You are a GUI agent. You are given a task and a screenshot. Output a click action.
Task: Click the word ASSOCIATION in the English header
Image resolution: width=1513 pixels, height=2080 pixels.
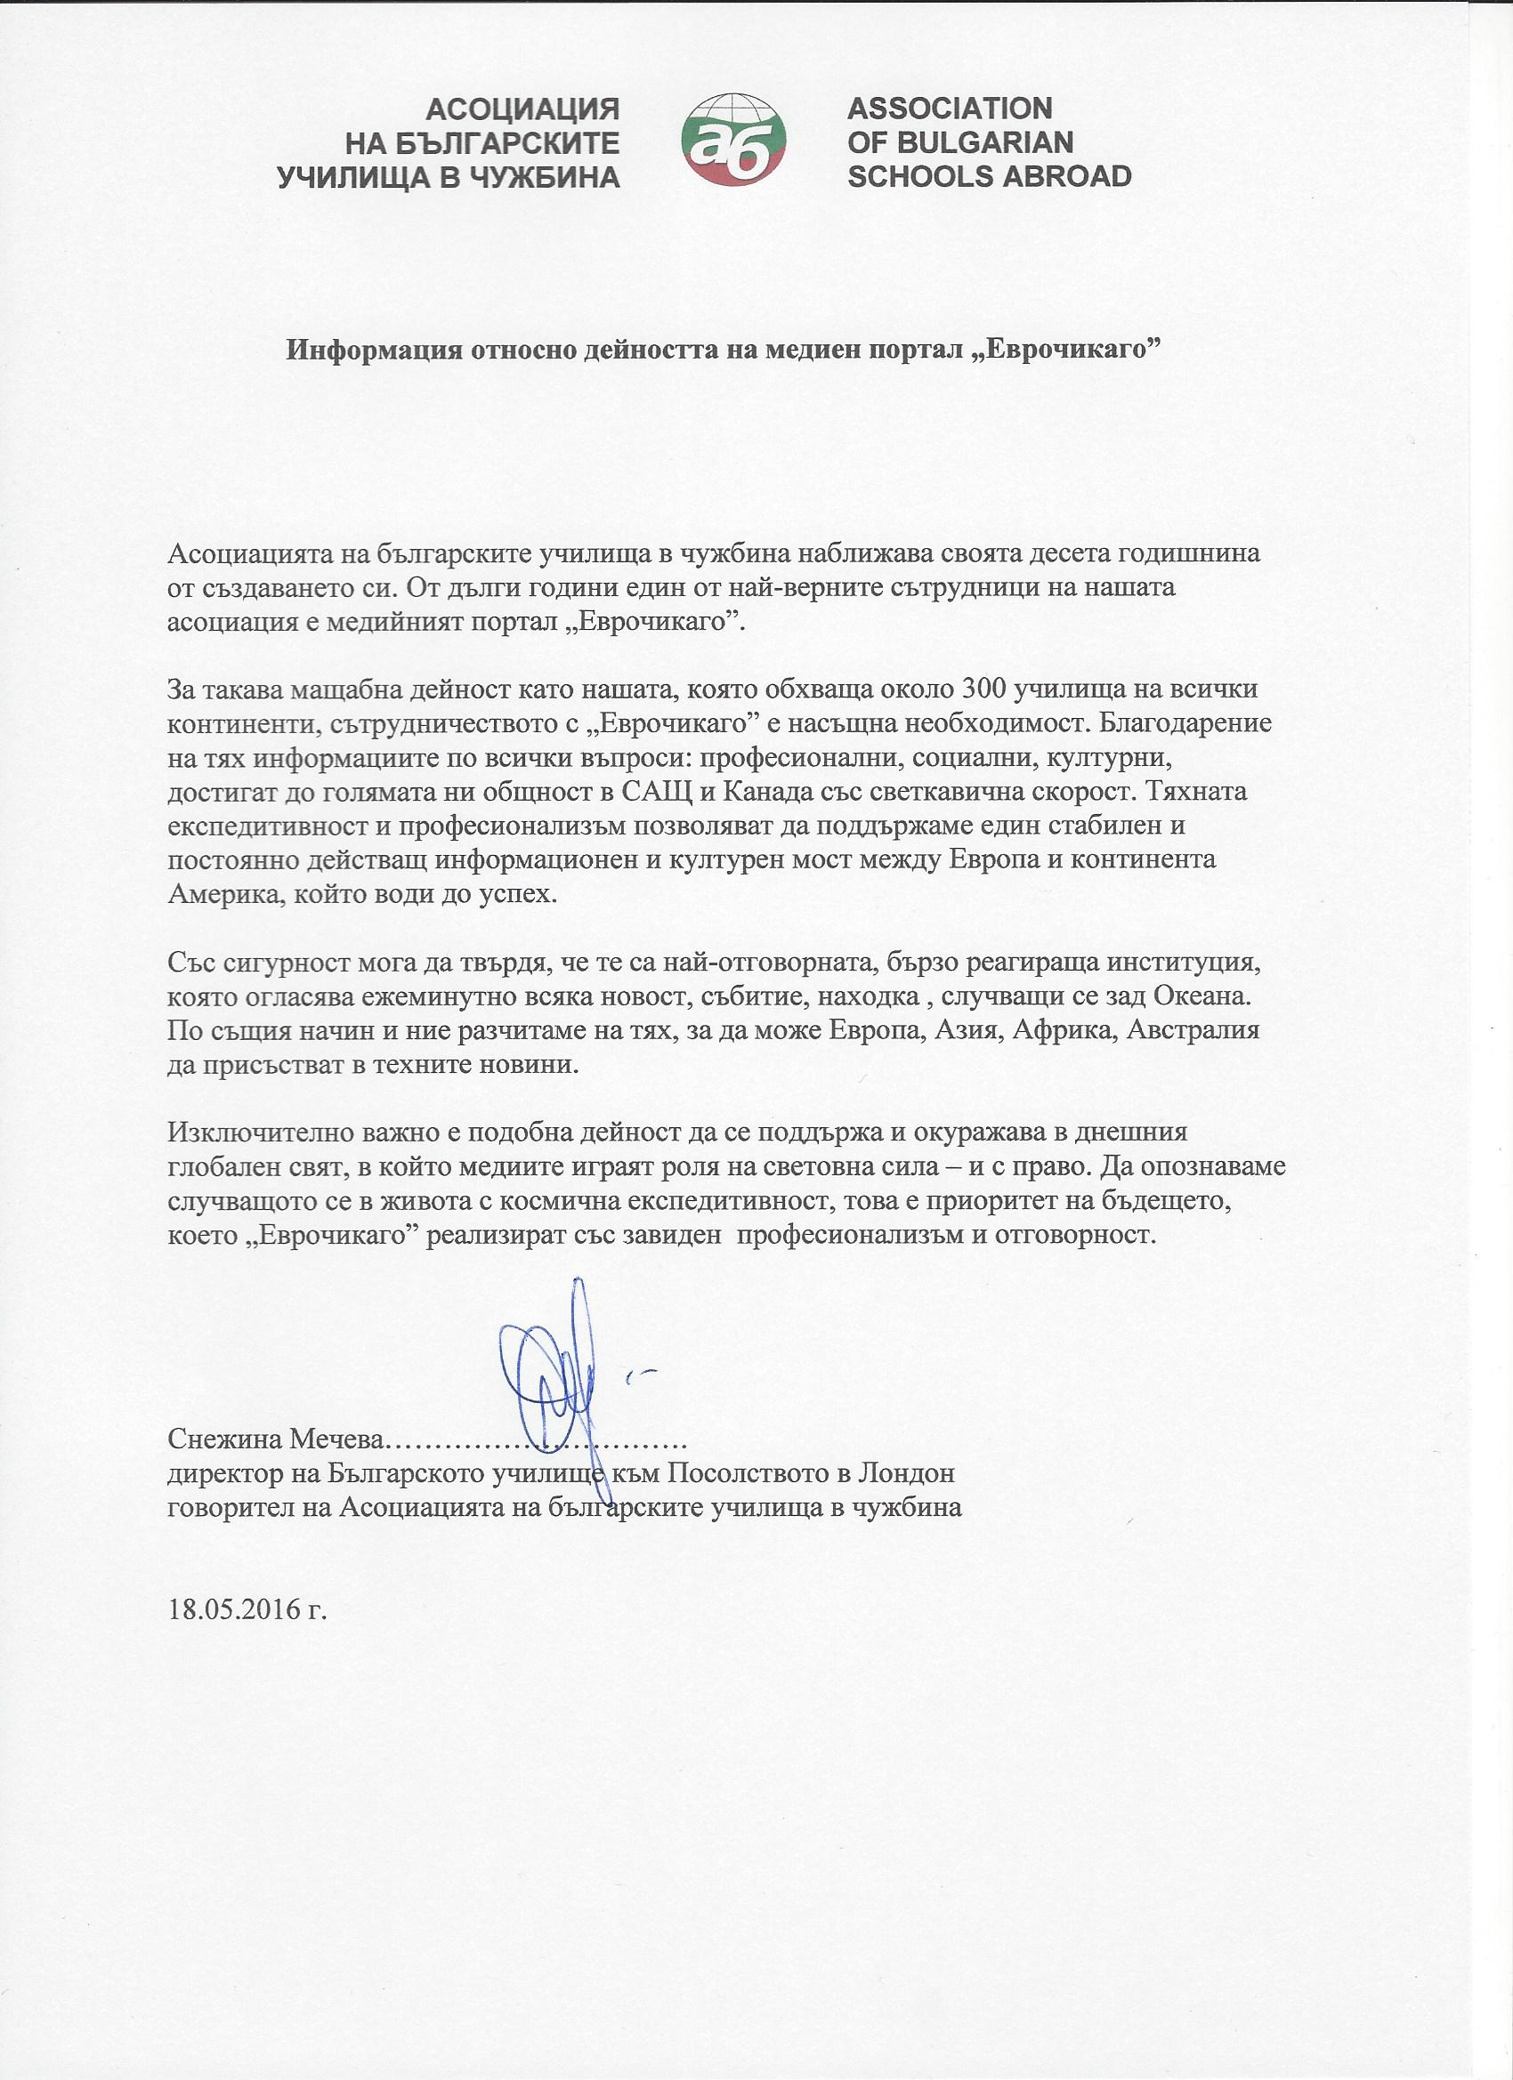(x=950, y=109)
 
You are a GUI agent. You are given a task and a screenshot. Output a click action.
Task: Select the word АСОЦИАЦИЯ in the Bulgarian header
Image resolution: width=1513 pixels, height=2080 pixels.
(x=524, y=111)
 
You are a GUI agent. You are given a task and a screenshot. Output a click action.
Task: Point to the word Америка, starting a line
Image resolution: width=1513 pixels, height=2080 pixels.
(x=219, y=895)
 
